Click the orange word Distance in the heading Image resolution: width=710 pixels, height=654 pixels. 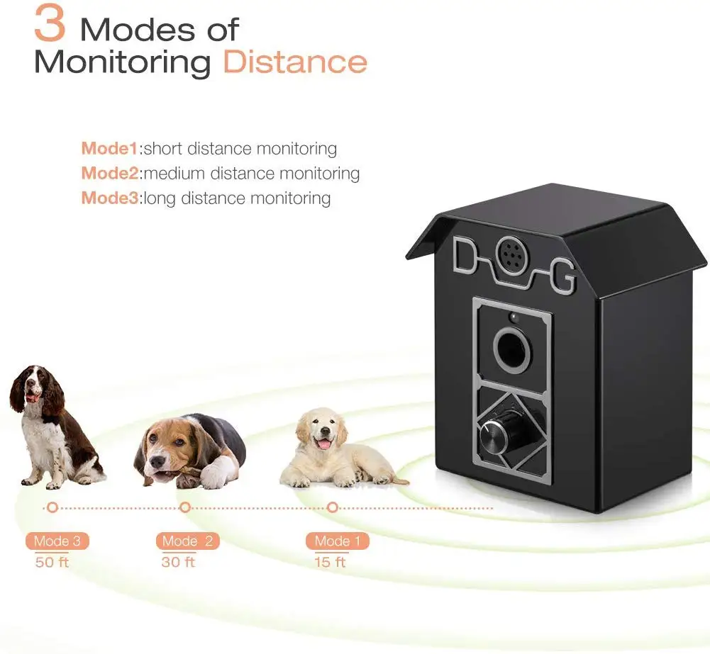coord(295,62)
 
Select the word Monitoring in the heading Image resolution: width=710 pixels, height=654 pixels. coord(123,62)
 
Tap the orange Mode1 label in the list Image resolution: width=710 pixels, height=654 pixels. coord(110,149)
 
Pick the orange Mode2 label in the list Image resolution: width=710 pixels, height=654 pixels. coord(110,173)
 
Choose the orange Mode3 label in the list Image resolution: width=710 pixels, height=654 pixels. coord(110,198)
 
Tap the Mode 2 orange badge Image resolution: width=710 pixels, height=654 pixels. coord(187,541)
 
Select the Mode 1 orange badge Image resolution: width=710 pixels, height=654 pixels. coord(338,541)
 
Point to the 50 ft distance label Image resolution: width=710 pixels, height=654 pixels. coord(52,563)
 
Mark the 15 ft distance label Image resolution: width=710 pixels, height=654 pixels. coord(331,563)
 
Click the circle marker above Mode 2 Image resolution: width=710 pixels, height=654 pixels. coord(185,507)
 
